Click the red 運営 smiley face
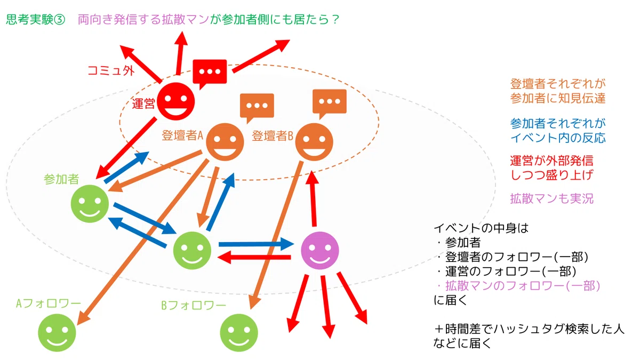coord(175,101)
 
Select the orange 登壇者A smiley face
coord(225,142)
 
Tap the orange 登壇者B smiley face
coord(314,142)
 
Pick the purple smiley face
coord(320,251)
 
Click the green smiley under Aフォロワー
coord(57,333)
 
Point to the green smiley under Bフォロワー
coord(239,333)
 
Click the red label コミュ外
coord(111,70)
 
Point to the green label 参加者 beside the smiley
coord(61,179)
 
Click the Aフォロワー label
coord(49,303)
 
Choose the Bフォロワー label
coord(194,306)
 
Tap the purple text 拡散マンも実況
coord(551,198)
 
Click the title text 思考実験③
coord(35,19)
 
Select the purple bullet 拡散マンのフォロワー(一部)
coord(523,286)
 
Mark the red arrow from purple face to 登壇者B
coord(314,199)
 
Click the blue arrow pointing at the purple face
coord(257,244)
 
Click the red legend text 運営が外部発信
coord(551,161)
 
